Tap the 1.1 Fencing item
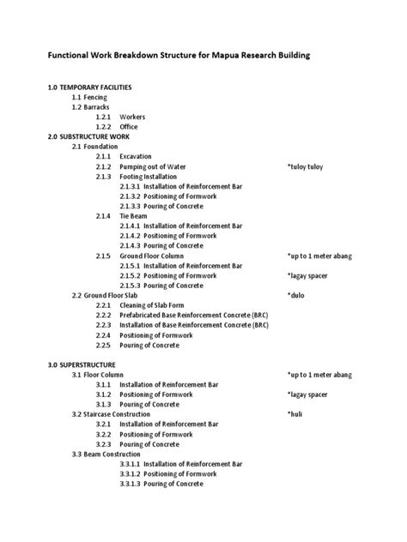pos(90,99)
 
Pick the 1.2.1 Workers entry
pos(120,117)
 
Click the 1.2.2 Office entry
pos(117,127)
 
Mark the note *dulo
pos(295,295)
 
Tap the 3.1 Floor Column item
pos(99,375)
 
